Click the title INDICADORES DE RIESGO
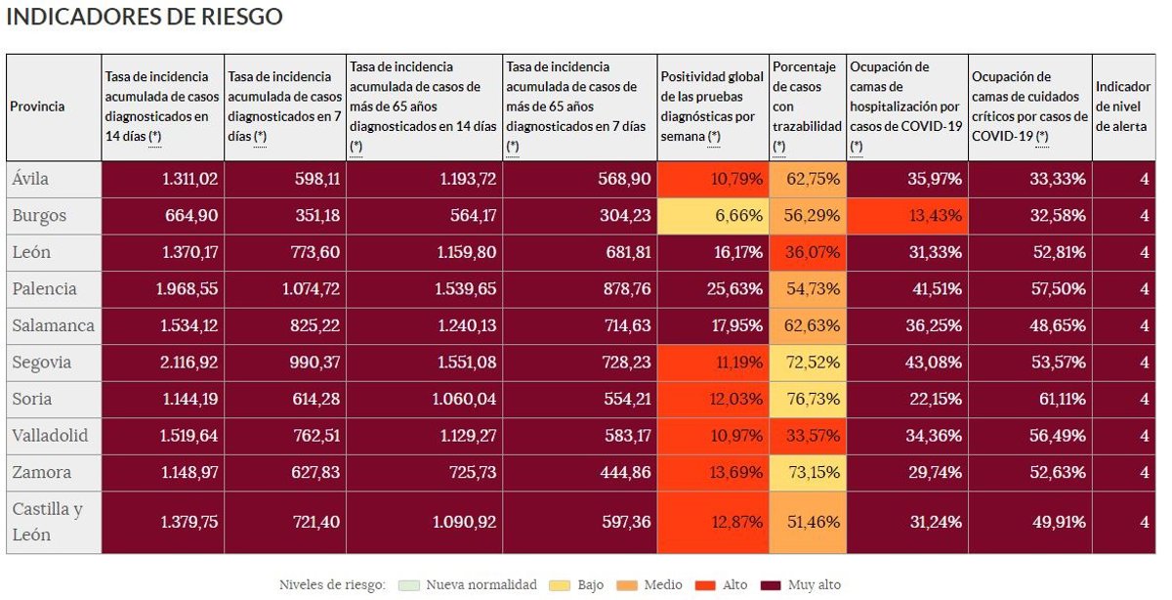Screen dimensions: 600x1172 coord(145,18)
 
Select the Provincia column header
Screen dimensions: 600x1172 coord(37,107)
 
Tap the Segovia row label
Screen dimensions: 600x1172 coord(41,363)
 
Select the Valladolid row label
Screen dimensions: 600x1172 coord(50,436)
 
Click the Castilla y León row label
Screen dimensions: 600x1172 coord(47,522)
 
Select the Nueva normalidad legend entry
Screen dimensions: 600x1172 coord(471,585)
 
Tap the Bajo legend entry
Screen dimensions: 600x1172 coord(581,585)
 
